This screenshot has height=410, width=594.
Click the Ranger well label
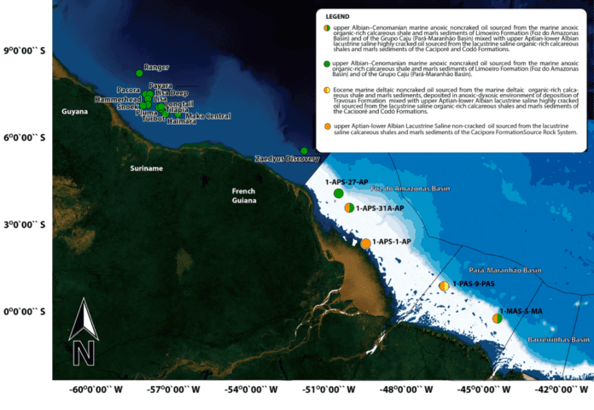(x=157, y=67)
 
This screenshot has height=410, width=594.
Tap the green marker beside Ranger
(x=140, y=73)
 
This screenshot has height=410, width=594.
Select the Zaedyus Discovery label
(x=288, y=159)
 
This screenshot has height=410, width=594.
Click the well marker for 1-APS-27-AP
(x=339, y=194)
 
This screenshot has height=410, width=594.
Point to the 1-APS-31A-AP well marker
(x=348, y=208)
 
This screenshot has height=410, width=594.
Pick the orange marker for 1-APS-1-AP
(x=365, y=243)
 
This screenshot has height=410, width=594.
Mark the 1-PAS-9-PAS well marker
(x=444, y=286)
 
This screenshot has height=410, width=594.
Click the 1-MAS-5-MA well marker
(x=497, y=319)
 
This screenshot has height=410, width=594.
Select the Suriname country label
(x=146, y=169)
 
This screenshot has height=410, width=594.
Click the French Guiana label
(x=249, y=196)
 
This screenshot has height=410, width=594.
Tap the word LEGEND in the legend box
(x=339, y=15)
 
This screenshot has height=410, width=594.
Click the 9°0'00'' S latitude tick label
(x=25, y=51)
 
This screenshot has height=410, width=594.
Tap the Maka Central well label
(x=207, y=116)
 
